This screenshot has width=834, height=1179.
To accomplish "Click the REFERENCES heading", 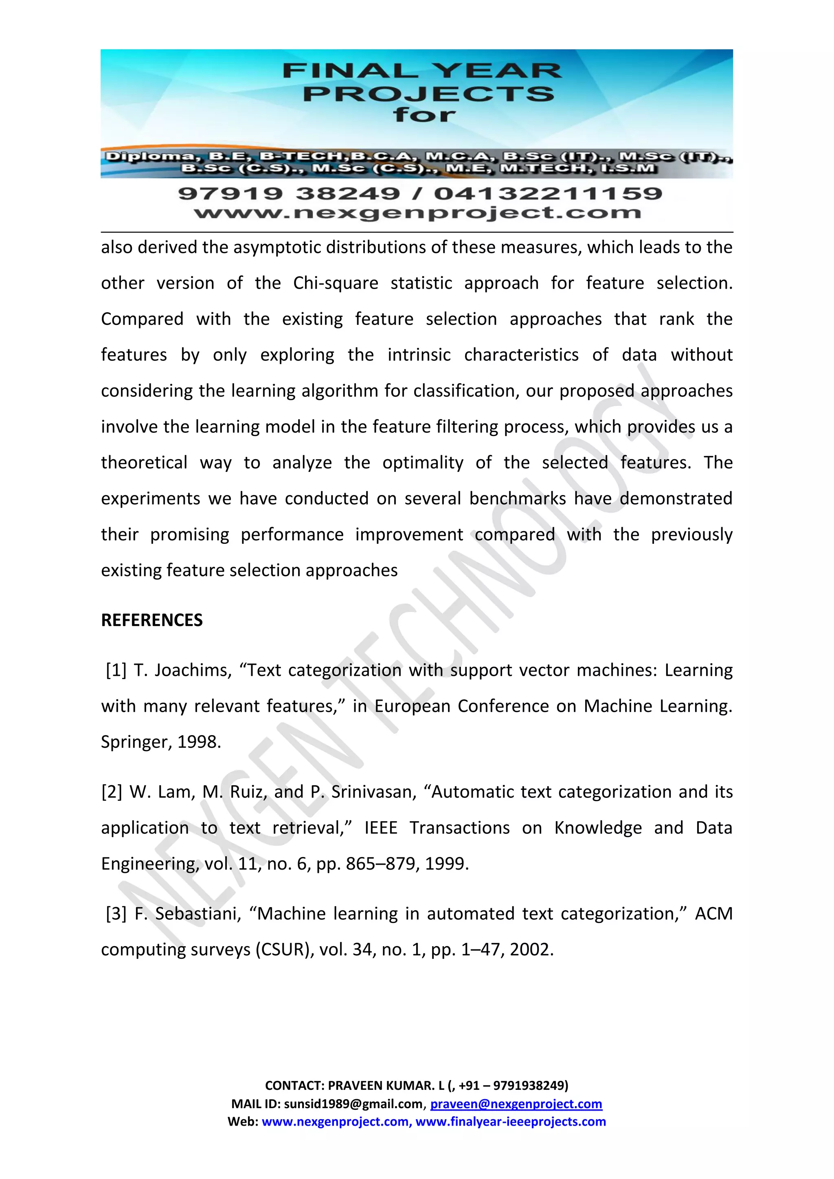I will [x=151, y=620].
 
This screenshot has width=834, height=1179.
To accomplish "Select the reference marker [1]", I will [x=116, y=670].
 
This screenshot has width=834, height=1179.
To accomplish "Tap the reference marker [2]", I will [x=112, y=792].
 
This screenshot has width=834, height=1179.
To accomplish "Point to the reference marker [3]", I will [x=116, y=914].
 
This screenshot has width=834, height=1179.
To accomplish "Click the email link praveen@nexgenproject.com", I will [x=516, y=1104].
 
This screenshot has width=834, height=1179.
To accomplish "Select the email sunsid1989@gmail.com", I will [x=354, y=1104].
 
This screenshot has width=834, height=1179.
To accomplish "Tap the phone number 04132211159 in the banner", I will [x=548, y=194].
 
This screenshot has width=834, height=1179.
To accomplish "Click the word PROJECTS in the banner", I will [x=429, y=94].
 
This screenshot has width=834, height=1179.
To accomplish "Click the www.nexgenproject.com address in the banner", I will [x=417, y=213].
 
